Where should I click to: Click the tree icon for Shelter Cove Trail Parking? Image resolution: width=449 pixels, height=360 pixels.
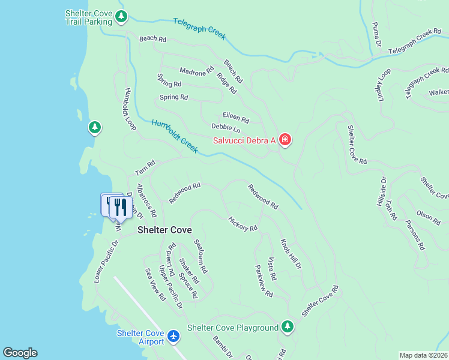point(121,16)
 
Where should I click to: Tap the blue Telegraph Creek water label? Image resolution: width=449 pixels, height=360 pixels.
point(199,28)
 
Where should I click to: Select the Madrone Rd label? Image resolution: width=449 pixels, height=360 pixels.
point(197,70)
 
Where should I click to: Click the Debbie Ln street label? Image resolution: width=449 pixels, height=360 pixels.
point(226,128)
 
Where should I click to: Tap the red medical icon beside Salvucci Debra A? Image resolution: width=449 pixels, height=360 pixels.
point(285,140)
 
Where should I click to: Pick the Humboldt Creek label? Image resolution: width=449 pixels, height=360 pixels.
point(175,136)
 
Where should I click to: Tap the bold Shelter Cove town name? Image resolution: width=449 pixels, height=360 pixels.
point(164,230)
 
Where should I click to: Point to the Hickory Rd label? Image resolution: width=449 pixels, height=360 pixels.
point(243,224)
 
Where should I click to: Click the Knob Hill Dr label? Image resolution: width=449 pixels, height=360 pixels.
point(291,254)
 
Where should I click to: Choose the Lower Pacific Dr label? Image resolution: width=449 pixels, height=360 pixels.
point(107,262)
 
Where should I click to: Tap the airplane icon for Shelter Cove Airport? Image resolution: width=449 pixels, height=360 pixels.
point(174,336)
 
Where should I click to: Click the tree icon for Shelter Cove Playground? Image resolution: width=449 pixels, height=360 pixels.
point(288,327)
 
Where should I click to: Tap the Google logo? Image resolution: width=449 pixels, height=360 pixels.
point(20,353)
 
